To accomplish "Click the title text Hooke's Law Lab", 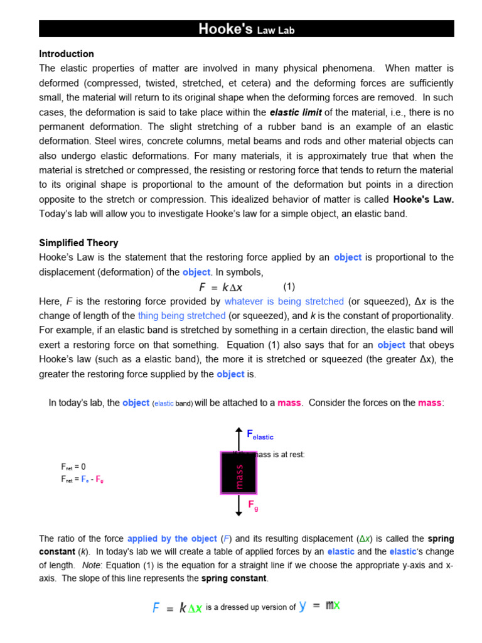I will [x=246, y=29].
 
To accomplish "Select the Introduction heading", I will [x=67, y=54].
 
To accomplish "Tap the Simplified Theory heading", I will [x=78, y=243].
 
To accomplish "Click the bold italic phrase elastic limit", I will [x=296, y=113].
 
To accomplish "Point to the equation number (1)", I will [x=289, y=287].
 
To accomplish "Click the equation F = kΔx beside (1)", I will [x=220, y=287].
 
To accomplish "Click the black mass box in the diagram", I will [x=238, y=473].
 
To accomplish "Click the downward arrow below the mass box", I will [x=238, y=505].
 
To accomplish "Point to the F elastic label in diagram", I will [x=260, y=435].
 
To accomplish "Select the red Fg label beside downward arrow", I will [x=253, y=505].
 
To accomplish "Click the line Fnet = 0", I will [x=73, y=467].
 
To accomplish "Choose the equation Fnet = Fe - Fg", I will [x=82, y=479].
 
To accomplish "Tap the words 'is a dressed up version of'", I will [x=250, y=607].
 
